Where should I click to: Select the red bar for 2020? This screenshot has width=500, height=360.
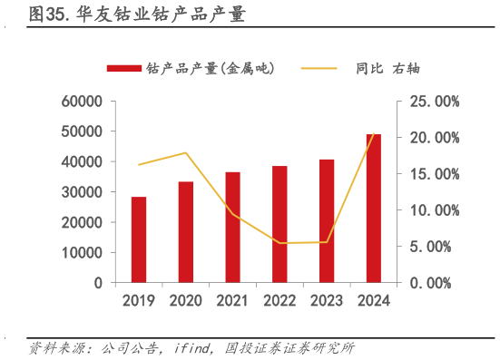click(185, 232)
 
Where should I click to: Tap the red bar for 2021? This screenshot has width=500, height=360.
click(232, 227)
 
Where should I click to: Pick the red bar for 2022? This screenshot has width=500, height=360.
click(279, 224)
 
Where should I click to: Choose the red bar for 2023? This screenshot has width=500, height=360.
click(327, 221)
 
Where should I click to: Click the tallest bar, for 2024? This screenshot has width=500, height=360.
click(374, 209)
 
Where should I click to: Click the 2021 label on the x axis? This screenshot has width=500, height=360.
click(232, 301)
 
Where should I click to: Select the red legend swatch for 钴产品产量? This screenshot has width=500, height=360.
click(124, 68)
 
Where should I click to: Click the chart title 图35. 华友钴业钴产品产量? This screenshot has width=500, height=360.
click(136, 15)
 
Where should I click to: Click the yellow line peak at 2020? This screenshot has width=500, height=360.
click(185, 152)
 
